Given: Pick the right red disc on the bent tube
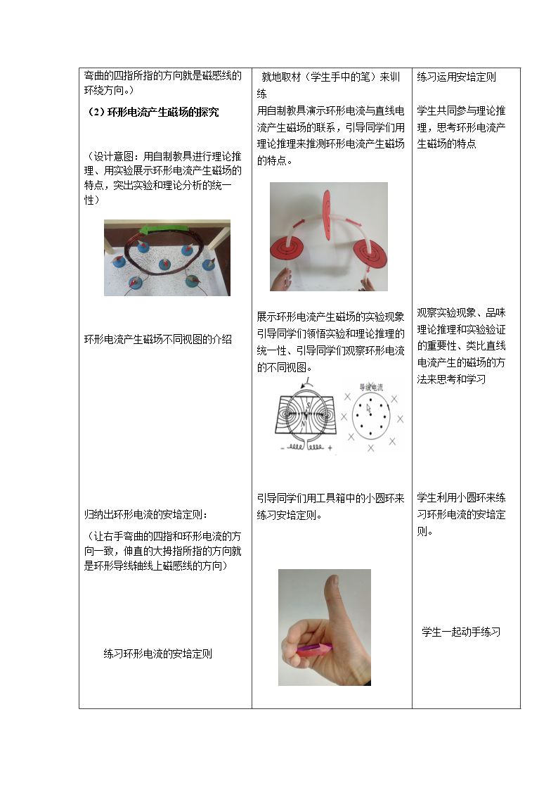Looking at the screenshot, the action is [370, 253].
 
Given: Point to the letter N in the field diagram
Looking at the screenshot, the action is [303, 424].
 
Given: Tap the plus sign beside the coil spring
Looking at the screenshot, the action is [330, 447].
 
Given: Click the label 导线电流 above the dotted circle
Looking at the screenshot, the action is [371, 387].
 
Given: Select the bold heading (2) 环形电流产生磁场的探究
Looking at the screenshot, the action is [153, 113].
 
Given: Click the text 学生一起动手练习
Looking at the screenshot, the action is [461, 632].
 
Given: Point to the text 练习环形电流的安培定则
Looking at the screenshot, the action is [158, 654].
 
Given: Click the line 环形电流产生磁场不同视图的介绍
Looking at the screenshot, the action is [158, 340].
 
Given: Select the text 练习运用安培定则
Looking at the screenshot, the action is [456, 77].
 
